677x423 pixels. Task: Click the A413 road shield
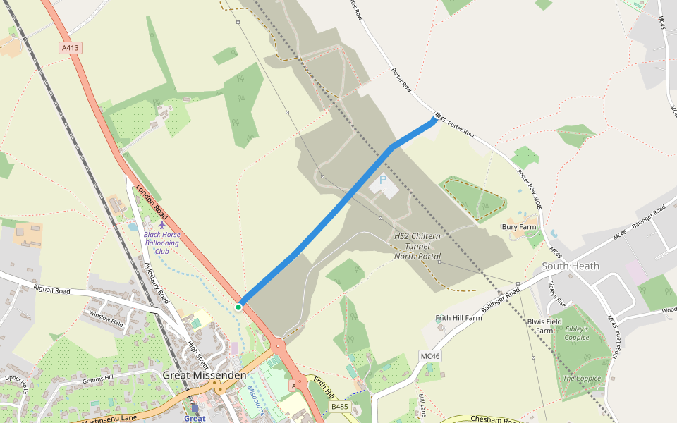pos(71,48)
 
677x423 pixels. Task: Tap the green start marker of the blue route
pos(238,307)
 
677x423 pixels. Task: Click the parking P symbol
pos(384,180)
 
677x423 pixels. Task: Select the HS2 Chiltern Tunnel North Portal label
pos(417,246)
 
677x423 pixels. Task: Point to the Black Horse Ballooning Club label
pos(162,243)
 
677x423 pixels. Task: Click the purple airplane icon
pos(163,225)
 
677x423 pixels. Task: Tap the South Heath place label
pos(571,266)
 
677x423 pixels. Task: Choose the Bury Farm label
pos(519,227)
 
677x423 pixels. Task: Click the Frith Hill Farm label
pos(458,318)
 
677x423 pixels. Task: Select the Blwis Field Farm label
pos(544,326)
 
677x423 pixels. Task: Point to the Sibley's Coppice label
pos(576,333)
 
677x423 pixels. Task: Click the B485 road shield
pos(340,407)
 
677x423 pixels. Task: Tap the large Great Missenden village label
pos(205,375)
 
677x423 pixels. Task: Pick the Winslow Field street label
pos(106,317)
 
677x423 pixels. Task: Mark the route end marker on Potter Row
pos(438,115)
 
